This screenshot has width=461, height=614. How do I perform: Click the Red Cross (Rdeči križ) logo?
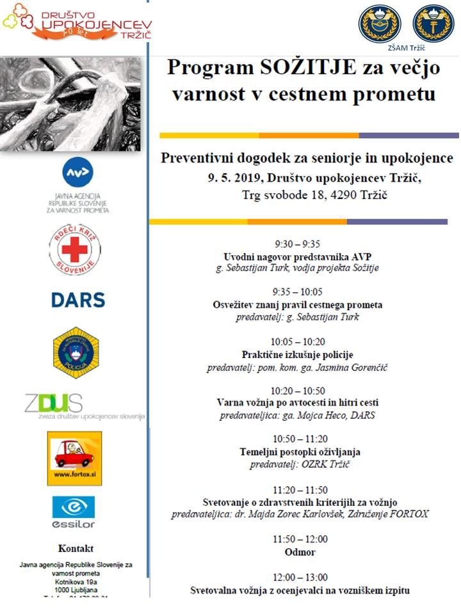(x=74, y=249)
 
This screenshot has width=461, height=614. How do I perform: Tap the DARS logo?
(x=78, y=299)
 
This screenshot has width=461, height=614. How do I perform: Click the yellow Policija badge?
(x=76, y=352)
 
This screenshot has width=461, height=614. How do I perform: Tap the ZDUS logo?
(x=54, y=404)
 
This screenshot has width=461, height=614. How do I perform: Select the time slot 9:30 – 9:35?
(x=297, y=244)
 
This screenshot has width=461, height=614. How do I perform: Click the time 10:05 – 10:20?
(x=297, y=342)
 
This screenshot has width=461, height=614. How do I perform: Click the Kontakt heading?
(x=76, y=548)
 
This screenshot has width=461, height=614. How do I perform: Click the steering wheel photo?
(x=70, y=104)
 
